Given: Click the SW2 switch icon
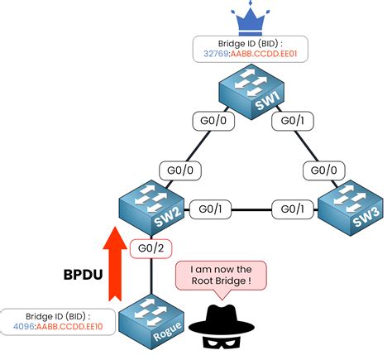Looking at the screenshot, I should click(x=147, y=208).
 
